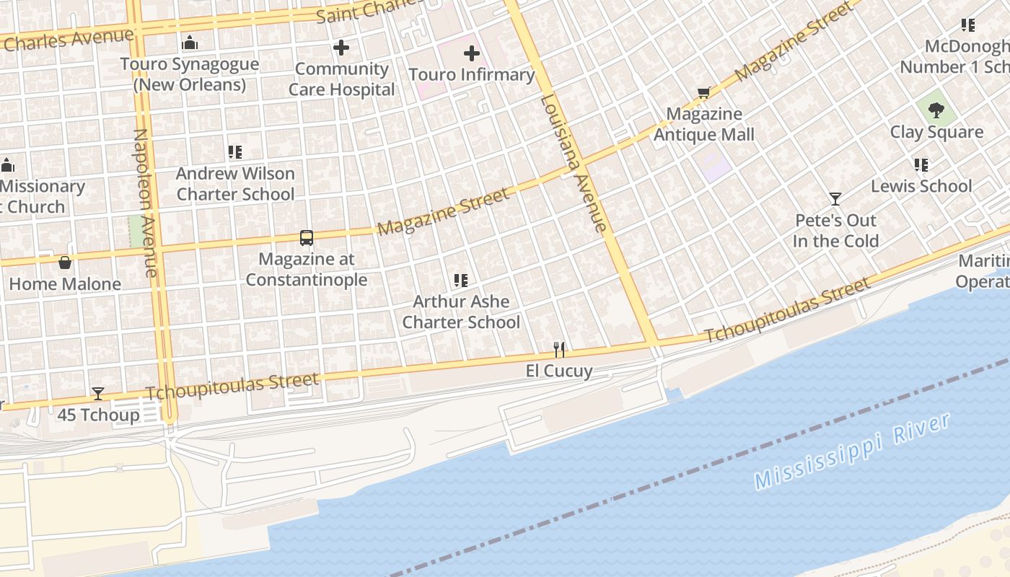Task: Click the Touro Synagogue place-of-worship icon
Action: (x=190, y=43)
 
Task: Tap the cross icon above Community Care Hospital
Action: (x=341, y=48)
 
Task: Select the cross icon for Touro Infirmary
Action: (x=471, y=53)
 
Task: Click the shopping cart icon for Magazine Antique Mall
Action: (x=703, y=93)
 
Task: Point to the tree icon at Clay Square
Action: (x=936, y=111)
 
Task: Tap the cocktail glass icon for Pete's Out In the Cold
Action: (x=835, y=199)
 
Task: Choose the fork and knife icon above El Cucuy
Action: (x=559, y=350)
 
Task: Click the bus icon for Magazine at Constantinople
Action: (x=307, y=238)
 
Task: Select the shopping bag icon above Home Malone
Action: (x=65, y=263)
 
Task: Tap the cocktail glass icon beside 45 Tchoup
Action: (x=98, y=394)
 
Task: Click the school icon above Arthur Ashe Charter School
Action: (x=461, y=281)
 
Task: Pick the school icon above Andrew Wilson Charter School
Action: (x=235, y=152)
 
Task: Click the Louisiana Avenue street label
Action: (x=574, y=163)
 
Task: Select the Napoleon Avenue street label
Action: (x=145, y=203)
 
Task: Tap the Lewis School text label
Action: (x=921, y=186)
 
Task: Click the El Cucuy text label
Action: (x=558, y=371)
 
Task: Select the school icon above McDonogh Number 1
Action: (x=968, y=26)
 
